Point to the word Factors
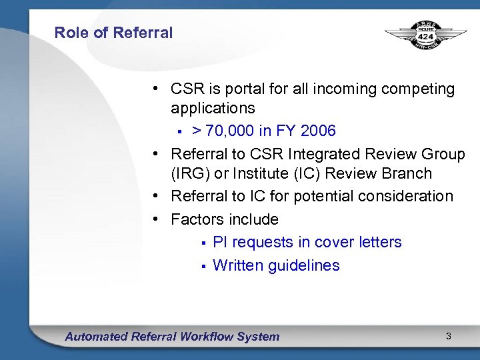[x=197, y=219]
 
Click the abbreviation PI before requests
[x=220, y=243]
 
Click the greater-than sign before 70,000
[x=197, y=131]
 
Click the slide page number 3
[x=449, y=337]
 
